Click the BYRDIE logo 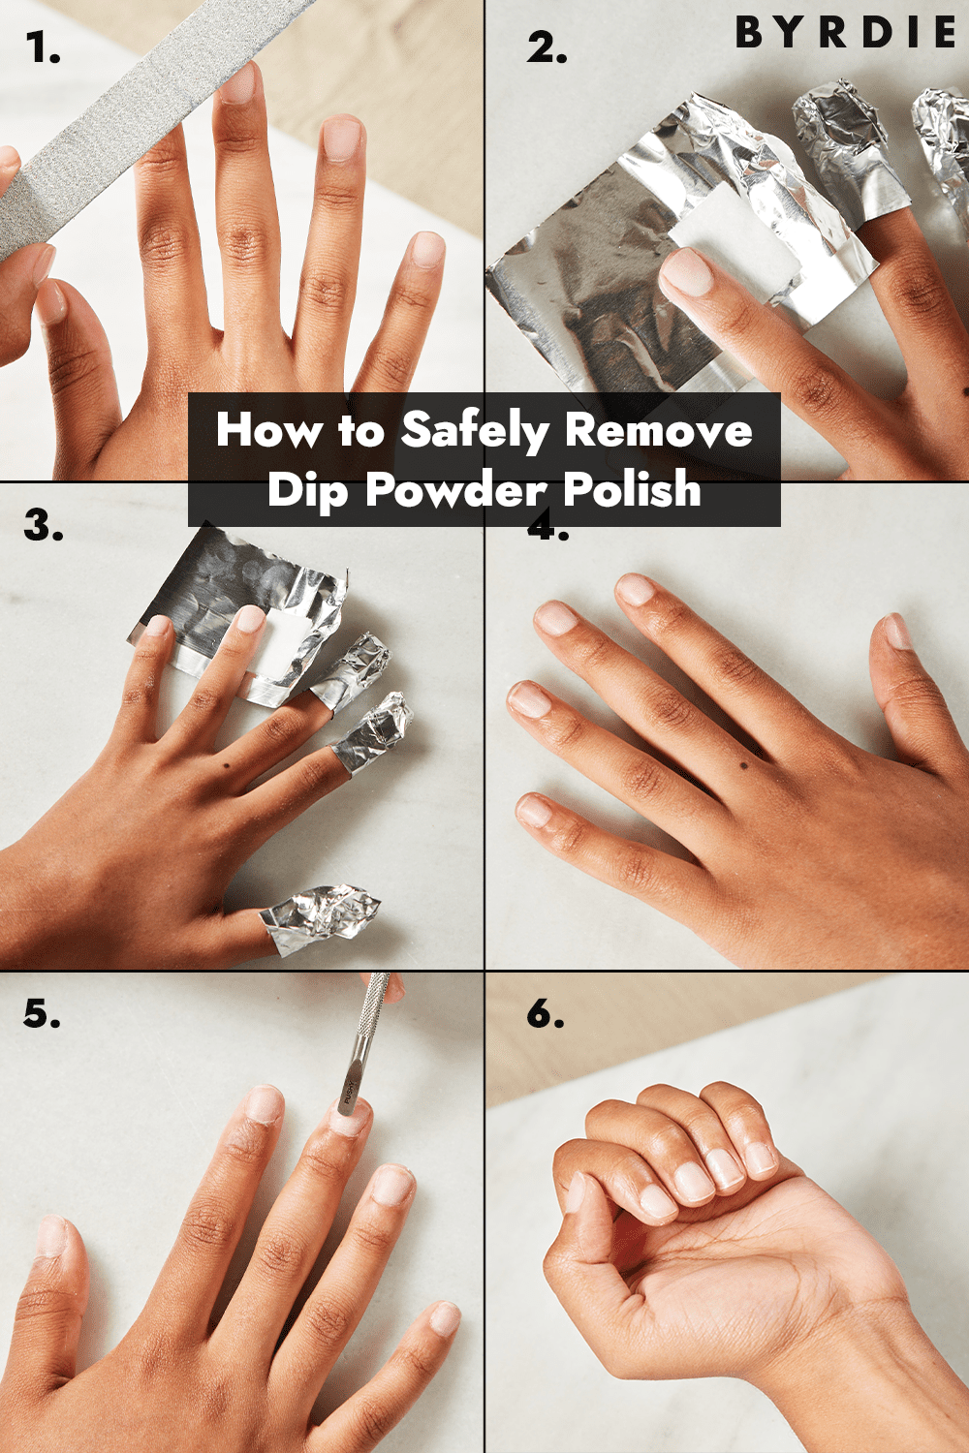845,33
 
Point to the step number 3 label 44,526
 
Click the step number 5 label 42,1014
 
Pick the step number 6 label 546,1014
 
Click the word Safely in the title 475,430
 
